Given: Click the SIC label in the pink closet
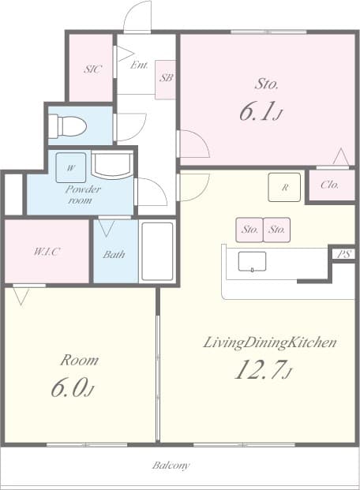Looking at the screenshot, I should point(92,69).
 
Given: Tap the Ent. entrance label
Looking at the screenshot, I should point(140,65).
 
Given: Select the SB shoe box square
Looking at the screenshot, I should point(166,79).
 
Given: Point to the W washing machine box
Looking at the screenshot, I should point(71,168).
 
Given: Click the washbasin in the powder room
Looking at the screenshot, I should point(111,166).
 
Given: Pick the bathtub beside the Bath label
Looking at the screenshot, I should point(156,252).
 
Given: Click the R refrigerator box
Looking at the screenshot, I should point(284,187).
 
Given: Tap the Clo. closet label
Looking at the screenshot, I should point(330,185).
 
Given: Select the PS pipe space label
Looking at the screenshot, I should point(343,254).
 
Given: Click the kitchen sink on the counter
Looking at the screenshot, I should point(252,261).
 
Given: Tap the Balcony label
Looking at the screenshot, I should point(171,466).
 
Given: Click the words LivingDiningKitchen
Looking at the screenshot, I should point(271,342).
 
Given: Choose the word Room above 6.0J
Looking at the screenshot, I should point(80,361).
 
